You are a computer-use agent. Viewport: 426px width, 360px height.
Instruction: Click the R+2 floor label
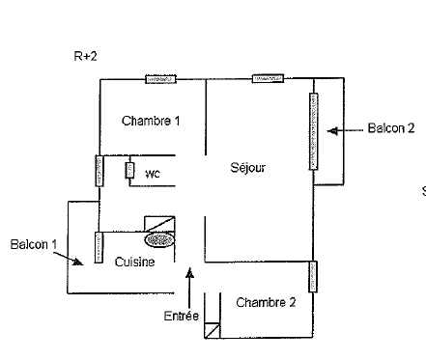tap(85, 56)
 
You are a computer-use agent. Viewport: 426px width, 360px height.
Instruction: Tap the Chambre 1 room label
tap(151, 121)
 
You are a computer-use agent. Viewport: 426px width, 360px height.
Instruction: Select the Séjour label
tap(248, 168)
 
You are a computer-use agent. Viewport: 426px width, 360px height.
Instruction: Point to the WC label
tap(153, 174)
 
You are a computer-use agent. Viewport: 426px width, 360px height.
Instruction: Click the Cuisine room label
tap(134, 262)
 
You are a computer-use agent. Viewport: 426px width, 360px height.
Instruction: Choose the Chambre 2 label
tap(266, 302)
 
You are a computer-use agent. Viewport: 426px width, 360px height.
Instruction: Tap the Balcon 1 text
tap(34, 244)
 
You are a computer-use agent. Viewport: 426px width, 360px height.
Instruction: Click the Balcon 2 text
tap(391, 128)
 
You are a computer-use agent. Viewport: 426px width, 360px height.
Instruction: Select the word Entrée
tap(182, 316)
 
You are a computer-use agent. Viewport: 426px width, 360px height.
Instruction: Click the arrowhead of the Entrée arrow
tap(190, 272)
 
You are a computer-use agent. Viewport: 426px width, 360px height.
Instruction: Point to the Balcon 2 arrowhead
tap(332, 131)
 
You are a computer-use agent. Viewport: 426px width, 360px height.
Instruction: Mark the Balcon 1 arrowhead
tap(77, 262)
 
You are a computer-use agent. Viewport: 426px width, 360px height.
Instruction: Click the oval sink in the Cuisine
tap(159, 240)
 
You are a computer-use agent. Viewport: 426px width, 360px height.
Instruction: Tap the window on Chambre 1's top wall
tap(160, 79)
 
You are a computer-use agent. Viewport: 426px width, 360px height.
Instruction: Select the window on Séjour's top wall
tap(268, 78)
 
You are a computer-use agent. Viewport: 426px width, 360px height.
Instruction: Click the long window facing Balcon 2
tap(314, 131)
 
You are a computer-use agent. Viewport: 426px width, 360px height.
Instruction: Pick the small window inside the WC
tap(129, 170)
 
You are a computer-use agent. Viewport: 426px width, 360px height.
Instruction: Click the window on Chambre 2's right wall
tap(313, 277)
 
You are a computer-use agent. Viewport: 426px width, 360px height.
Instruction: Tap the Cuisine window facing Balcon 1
tap(99, 247)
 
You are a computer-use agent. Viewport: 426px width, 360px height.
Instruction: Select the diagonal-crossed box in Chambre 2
tap(213, 330)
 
